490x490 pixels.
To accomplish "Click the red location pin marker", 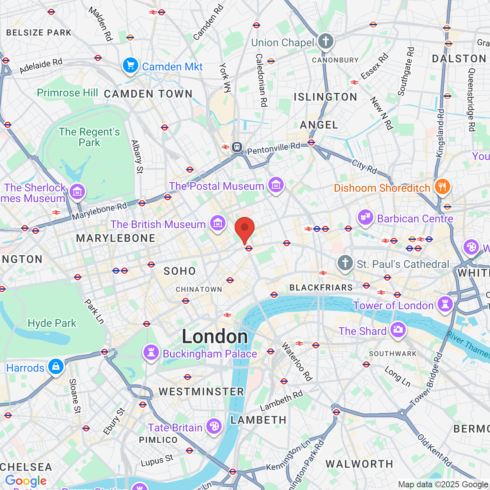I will point(245,228).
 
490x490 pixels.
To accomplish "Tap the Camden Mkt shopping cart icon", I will point(131,66).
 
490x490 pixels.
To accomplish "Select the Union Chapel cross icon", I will point(325,41).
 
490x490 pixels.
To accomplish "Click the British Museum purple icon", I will point(217,223).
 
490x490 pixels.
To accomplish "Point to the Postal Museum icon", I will point(276,185).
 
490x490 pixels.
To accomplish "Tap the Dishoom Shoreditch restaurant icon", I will point(442,187).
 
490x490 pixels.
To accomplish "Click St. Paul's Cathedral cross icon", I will point(345,263).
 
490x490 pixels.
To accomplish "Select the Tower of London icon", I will point(445,305).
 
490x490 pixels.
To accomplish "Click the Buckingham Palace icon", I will point(151,353).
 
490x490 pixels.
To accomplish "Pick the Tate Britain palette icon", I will point(214,426).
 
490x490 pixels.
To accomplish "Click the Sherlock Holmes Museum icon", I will point(77,191).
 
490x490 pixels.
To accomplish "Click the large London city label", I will point(215,336).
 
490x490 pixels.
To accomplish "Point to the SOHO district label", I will point(180,271).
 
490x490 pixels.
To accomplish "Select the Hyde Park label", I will point(52,323).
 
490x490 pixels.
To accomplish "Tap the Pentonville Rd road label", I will point(274,148).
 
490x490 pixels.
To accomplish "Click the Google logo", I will point(26,481).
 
